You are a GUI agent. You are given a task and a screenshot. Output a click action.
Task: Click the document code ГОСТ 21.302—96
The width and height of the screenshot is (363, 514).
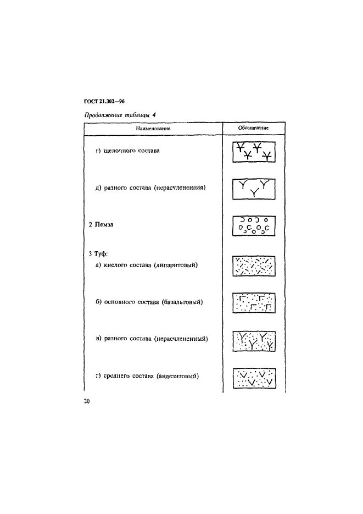point(104,102)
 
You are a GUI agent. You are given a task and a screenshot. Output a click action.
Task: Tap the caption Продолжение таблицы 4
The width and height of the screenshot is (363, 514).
point(120,115)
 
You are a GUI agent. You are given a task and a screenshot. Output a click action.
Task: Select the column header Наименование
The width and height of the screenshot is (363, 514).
point(153,129)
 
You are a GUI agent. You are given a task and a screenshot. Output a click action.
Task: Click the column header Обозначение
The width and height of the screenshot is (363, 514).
point(253,128)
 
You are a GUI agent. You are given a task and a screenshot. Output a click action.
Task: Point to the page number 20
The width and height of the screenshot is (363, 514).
point(87,401)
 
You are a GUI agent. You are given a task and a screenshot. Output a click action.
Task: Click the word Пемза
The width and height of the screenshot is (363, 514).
point(104,224)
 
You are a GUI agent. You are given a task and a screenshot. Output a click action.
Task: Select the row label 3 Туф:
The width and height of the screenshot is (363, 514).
point(98,254)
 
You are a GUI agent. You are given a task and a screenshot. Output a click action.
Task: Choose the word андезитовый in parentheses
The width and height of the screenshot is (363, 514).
point(178,376)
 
